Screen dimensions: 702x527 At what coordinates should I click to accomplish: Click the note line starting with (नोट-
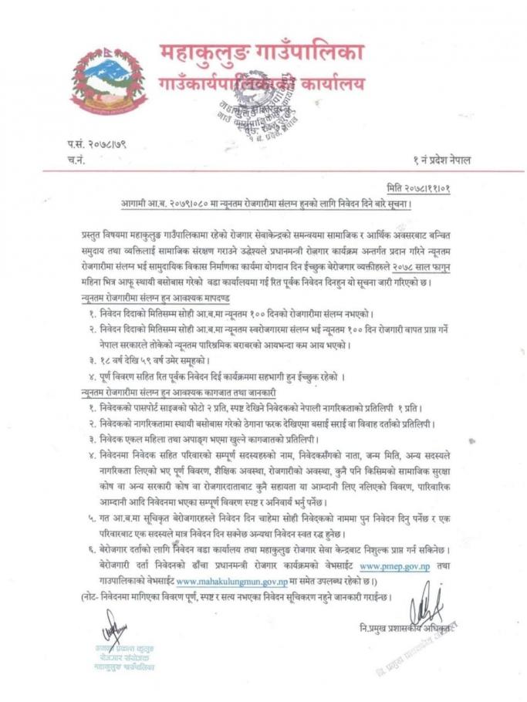coord(231,596)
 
